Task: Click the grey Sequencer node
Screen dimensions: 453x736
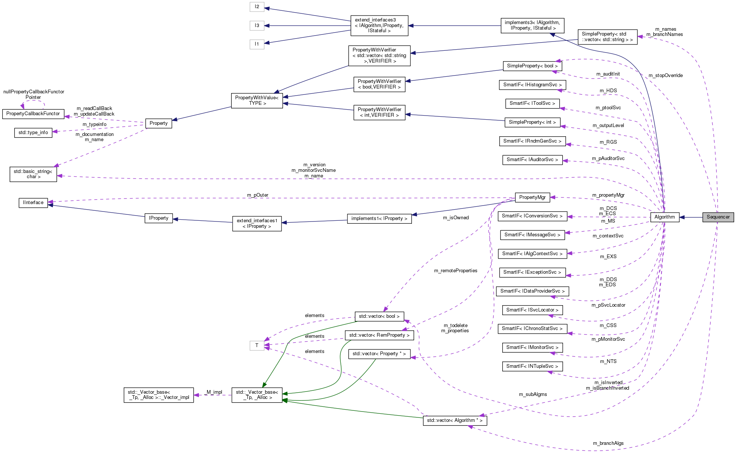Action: point(718,217)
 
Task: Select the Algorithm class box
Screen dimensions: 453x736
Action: point(665,217)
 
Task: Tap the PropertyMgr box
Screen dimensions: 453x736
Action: point(532,197)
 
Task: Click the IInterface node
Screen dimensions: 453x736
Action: point(33,203)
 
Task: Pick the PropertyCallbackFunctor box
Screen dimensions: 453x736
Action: point(33,114)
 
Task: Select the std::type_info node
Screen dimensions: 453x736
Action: point(33,133)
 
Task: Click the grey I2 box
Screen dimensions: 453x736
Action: point(257,7)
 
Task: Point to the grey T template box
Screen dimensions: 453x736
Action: point(257,345)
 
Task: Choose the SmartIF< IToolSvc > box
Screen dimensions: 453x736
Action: point(532,103)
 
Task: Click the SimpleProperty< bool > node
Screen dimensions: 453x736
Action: point(532,66)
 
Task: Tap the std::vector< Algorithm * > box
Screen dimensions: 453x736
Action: point(454,420)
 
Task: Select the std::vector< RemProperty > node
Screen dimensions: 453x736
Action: point(379,335)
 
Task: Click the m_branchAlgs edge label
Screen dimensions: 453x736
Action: point(608,443)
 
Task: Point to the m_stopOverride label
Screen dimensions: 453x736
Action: point(666,76)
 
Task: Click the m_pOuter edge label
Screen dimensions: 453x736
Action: point(258,195)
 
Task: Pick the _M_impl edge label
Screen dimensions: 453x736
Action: point(214,392)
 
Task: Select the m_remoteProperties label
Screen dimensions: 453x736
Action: point(456,271)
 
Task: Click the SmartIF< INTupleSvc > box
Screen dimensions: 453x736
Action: point(532,366)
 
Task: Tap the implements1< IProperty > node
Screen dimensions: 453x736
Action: point(379,219)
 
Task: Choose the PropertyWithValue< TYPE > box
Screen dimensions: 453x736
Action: point(257,100)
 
